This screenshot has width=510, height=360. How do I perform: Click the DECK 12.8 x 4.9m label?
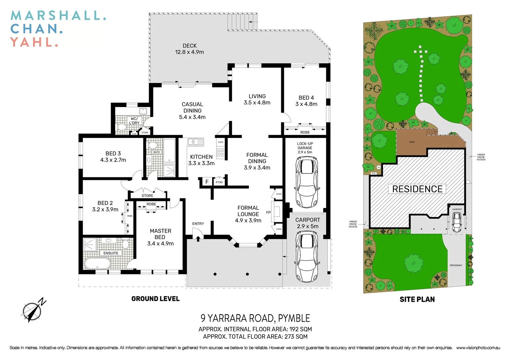[x=189, y=49]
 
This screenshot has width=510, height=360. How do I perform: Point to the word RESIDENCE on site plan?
[x=417, y=189]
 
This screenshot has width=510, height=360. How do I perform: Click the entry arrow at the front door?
[x=198, y=238]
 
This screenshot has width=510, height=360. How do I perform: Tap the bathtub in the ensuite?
[x=97, y=264]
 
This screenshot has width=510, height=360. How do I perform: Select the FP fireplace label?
[x=269, y=212]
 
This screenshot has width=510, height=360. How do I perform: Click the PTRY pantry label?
[x=219, y=182]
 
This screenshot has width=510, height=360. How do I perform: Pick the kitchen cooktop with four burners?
[x=220, y=152]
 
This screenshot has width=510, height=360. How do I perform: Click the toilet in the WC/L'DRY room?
[x=122, y=127]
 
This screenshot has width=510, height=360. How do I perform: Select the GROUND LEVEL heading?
[x=155, y=299]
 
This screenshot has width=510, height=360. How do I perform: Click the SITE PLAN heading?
[x=417, y=299]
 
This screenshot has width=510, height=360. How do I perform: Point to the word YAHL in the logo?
[x=32, y=42]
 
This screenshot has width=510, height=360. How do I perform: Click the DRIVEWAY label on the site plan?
[x=456, y=265]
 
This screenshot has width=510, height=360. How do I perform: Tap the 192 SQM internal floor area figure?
[x=301, y=329]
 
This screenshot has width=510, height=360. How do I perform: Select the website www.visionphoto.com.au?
[x=478, y=348]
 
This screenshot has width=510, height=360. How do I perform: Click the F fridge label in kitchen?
[x=207, y=182]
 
